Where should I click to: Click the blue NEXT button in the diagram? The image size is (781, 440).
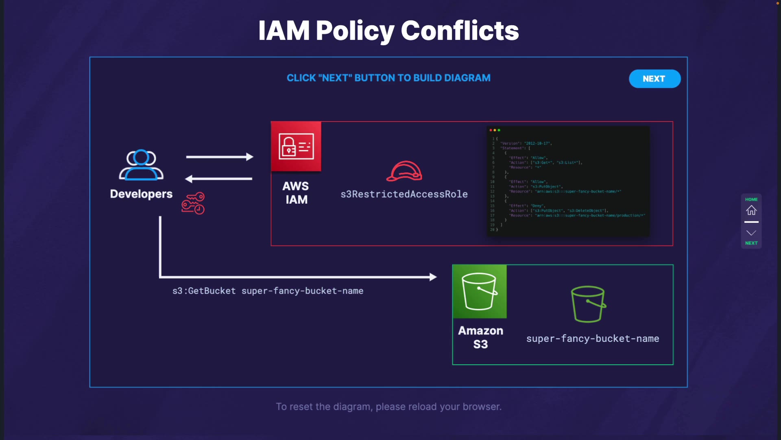[654, 79]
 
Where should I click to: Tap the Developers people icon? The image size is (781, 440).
[141, 165]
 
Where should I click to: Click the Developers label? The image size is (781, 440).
[141, 194]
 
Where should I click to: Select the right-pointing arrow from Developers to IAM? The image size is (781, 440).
[220, 157]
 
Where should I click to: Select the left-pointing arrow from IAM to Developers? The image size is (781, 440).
[219, 178]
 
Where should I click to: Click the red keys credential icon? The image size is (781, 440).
[193, 203]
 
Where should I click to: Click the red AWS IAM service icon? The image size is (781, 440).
[296, 146]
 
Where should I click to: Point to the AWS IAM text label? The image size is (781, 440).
[296, 193]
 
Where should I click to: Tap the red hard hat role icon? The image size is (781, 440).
[404, 171]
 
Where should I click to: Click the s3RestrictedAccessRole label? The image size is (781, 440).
[404, 194]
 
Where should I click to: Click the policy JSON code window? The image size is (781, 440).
[568, 181]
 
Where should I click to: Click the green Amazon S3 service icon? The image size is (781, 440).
[480, 291]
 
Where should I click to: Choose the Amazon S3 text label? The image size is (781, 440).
[480, 337]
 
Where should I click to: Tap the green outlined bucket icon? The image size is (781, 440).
[588, 304]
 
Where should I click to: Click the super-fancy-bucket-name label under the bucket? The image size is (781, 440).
[593, 339]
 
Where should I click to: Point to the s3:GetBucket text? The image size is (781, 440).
[204, 291]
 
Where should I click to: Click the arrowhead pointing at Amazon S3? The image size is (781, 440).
[433, 277]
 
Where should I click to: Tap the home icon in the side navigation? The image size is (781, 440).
[751, 210]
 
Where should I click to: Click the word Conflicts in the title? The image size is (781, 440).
[460, 31]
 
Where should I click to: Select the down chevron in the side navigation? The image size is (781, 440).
[751, 233]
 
